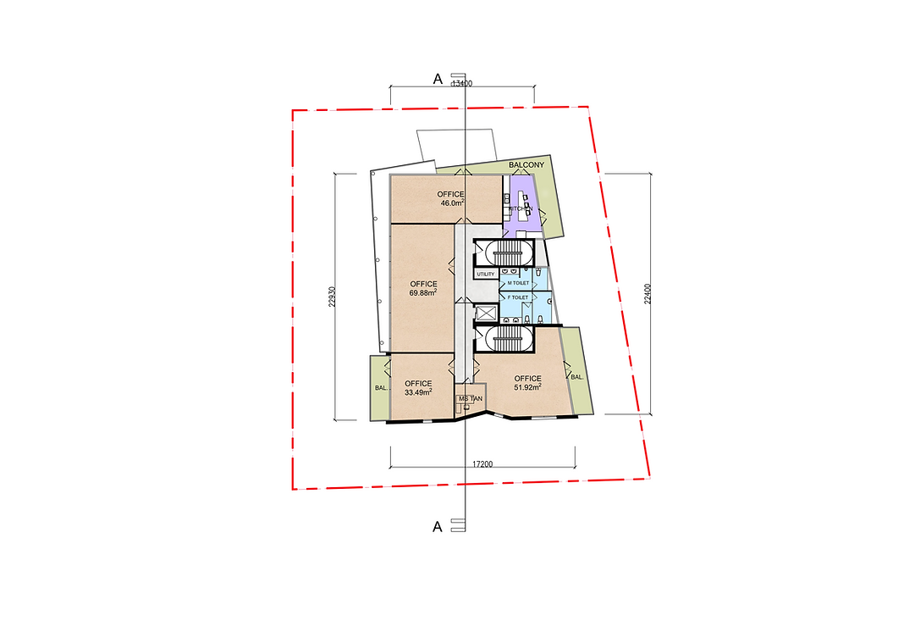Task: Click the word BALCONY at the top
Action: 526,165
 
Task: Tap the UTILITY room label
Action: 485,275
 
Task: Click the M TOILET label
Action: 518,282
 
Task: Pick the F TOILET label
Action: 517,298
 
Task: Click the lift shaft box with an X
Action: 486,313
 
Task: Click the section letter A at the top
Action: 438,79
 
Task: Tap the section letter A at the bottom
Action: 438,526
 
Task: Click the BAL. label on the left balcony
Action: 380,389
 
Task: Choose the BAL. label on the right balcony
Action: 577,376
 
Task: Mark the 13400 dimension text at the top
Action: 462,83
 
